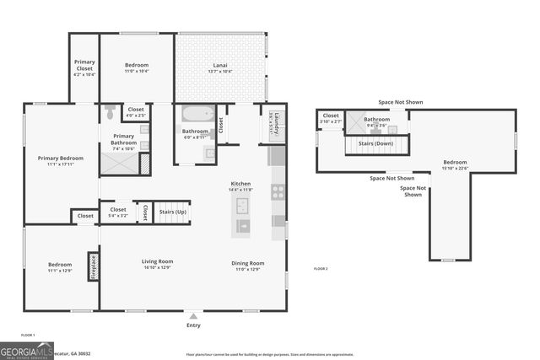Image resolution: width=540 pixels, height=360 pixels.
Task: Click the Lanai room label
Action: (219, 65)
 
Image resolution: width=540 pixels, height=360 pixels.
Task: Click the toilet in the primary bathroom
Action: (110, 109)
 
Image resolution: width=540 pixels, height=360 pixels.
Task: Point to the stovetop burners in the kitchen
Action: (278, 191)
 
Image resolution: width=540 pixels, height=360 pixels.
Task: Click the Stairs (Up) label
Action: (173, 212)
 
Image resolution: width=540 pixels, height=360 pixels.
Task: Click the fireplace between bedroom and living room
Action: (94, 266)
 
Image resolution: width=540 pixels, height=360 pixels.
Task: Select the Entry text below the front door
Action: (194, 325)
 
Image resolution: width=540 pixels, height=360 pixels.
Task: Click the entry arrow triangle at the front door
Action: (194, 315)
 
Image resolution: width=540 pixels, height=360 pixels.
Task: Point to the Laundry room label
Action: (272, 123)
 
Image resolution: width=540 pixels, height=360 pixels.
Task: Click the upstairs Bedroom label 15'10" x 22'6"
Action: (455, 163)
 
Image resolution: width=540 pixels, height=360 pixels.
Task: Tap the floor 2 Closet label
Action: (332, 116)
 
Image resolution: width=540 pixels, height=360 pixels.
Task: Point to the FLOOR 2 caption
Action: (321, 268)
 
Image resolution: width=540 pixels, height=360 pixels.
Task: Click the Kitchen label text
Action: (241, 183)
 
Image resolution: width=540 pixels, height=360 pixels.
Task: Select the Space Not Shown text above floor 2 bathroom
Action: (401, 102)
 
